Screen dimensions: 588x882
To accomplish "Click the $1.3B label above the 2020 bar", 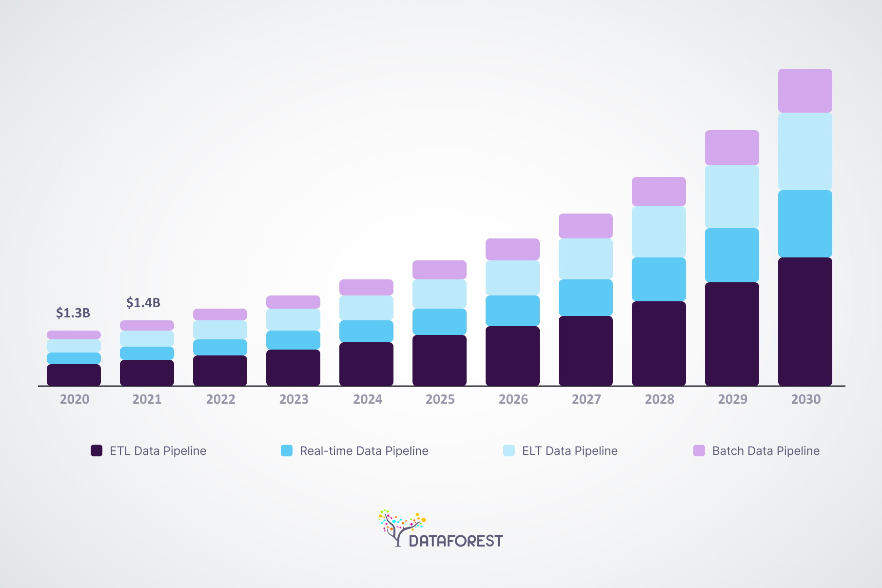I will (73, 313).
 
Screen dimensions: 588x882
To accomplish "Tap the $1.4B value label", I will (143, 303).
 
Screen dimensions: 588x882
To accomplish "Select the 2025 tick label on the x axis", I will (440, 399).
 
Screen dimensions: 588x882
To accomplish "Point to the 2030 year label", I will (805, 399).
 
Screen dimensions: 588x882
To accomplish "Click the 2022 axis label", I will (220, 399).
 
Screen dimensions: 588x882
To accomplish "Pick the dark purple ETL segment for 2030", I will (805, 321).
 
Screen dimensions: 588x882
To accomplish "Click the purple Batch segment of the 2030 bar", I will (805, 91).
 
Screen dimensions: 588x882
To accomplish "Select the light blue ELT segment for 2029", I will (732, 196).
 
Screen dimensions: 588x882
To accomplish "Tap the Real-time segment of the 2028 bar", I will (659, 279).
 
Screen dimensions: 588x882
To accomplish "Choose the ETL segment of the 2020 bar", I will (74, 375).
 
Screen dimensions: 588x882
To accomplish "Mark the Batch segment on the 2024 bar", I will (366, 287).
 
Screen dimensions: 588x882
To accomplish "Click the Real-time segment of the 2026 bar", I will (512, 311).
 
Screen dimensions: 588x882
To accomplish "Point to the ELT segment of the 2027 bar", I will (586, 258).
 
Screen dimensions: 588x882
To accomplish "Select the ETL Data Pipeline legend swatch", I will (97, 451).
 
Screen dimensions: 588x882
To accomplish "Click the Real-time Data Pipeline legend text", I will (364, 451).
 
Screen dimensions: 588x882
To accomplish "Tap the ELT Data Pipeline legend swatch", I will (509, 451).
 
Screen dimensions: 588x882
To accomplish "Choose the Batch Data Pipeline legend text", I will (765, 451).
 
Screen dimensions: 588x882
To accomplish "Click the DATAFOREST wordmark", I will (455, 541).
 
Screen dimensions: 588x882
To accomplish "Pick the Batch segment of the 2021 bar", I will (147, 325).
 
